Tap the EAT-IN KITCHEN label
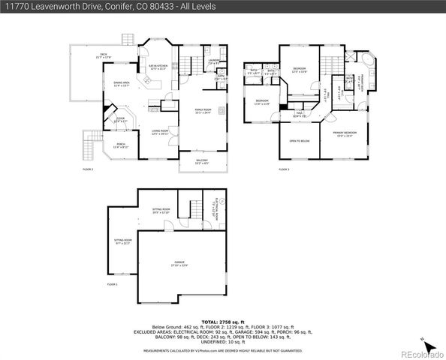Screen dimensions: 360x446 pyautogui.click(x=156, y=67)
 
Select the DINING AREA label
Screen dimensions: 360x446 pyautogui.click(x=122, y=84)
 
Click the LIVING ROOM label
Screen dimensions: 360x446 pyautogui.click(x=160, y=132)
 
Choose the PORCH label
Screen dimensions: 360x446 pyautogui.click(x=121, y=145)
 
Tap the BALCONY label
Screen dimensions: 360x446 pyautogui.click(x=202, y=161)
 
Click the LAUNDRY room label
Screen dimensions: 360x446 pyautogui.click(x=214, y=61)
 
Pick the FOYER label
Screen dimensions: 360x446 pyautogui.click(x=120, y=118)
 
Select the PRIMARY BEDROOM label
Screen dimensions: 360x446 pyautogui.click(x=345, y=133)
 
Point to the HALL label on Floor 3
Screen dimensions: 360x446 pyautogui.click(x=297, y=115)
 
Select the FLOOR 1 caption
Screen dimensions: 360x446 pyautogui.click(x=112, y=285)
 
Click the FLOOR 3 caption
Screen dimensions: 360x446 pyautogui.click(x=284, y=169)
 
